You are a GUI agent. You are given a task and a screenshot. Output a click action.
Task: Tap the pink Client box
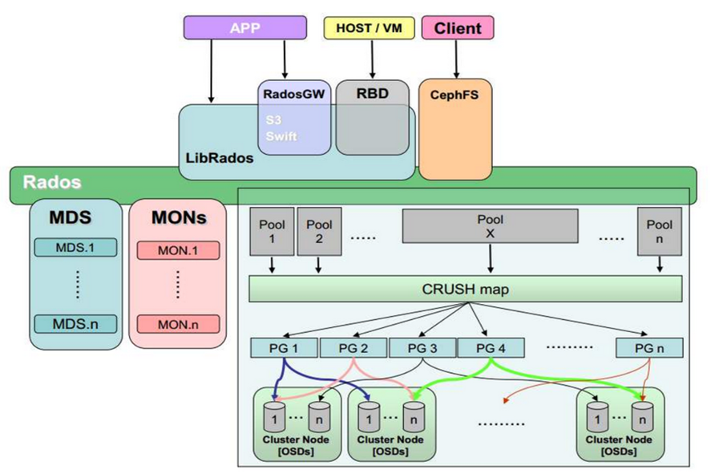[x=457, y=28]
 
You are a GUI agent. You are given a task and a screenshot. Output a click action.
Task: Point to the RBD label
[x=372, y=94]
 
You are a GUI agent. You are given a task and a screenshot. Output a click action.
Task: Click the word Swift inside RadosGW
[x=281, y=136]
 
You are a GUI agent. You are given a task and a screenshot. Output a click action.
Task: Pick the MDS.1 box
[x=75, y=247]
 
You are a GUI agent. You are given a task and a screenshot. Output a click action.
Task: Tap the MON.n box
[x=177, y=325]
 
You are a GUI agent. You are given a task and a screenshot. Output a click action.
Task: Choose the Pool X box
[x=490, y=225]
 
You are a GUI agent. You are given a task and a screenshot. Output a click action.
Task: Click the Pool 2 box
[x=319, y=231]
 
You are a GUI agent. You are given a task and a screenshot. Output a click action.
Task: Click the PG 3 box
[x=422, y=347]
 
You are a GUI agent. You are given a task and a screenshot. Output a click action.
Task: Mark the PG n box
[x=649, y=347]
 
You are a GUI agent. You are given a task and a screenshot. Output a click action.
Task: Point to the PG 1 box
[x=285, y=347]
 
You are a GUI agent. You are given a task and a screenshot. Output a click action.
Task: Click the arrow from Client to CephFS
[x=457, y=60]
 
